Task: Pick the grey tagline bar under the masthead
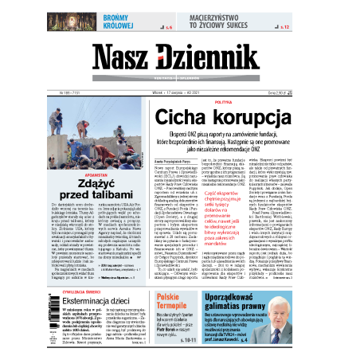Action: point(180,77)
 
